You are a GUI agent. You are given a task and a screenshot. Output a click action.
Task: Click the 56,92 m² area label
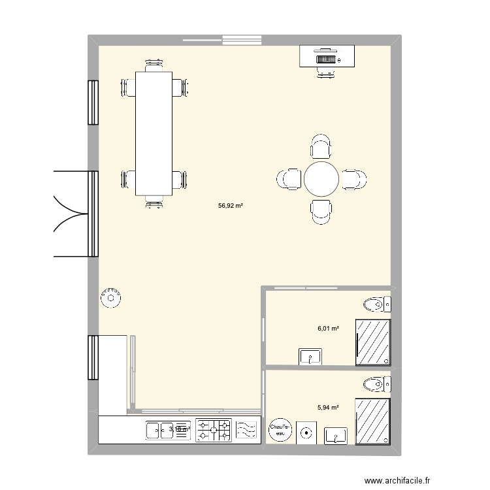point(231,205)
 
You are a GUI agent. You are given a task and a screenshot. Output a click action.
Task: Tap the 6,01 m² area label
point(328,329)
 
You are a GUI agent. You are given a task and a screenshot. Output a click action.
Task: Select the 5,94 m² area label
point(328,408)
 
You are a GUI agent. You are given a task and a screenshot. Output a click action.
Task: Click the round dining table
point(321,178)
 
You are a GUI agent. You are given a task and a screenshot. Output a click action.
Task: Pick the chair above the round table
point(321,146)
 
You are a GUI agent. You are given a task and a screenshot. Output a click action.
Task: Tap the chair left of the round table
point(289,179)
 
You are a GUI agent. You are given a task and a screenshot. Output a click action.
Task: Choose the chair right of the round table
point(354,179)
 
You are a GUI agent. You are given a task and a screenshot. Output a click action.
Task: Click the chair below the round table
point(321,211)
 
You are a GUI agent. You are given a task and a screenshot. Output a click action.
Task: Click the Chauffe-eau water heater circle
point(280,429)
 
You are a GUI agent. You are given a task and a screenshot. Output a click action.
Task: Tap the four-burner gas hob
point(214,431)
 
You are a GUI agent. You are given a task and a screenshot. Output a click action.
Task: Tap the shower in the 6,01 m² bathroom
point(373,342)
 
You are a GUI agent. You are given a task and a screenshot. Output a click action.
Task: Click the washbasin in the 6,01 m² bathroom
point(310,356)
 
